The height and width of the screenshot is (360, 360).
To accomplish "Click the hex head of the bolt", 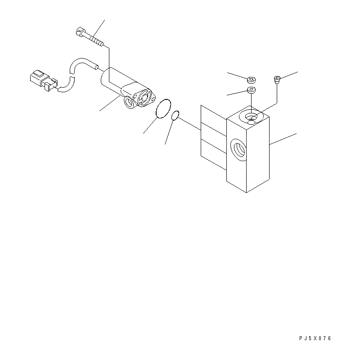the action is click(x=80, y=31).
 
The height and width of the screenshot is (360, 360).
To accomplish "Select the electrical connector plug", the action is click(x=44, y=80).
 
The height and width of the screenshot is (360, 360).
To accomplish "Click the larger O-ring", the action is click(x=163, y=108).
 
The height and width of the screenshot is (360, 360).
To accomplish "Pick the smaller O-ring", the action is click(x=175, y=115).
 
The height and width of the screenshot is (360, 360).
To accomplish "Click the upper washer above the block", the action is click(x=252, y=81).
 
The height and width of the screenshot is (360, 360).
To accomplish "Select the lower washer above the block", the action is click(x=252, y=90).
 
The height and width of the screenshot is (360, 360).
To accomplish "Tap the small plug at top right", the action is click(x=277, y=80).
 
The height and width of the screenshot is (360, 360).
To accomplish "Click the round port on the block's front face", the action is click(x=238, y=150).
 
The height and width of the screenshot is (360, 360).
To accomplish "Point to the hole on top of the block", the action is click(x=251, y=117).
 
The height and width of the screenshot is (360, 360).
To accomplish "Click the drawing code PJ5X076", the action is click(x=315, y=338).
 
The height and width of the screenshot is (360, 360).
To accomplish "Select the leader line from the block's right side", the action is click(x=283, y=139).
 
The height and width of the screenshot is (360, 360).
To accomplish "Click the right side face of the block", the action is click(x=257, y=154).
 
